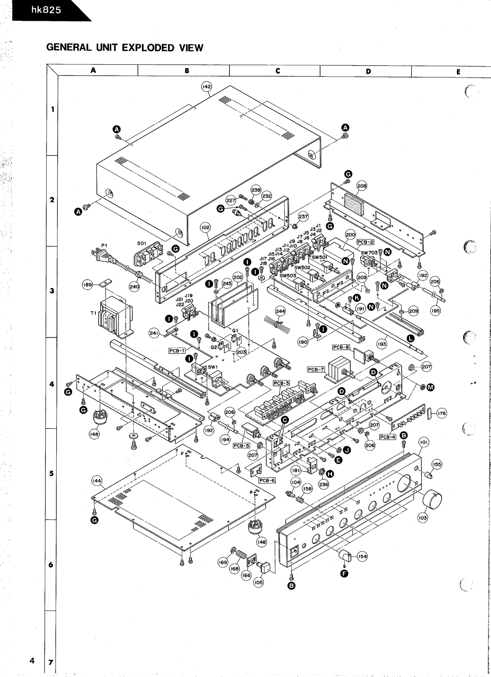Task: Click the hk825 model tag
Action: tap(46, 10)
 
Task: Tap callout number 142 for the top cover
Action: tap(207, 87)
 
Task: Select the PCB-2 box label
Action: tap(365, 242)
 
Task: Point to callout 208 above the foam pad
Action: tap(362, 186)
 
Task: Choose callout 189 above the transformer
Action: tap(88, 285)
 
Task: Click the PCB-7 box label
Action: tap(316, 369)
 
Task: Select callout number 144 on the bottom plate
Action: tap(97, 481)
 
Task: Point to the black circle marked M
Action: tap(431, 387)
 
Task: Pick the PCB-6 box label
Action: tap(267, 480)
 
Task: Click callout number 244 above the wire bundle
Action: tap(280, 311)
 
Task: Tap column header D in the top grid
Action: tap(368, 71)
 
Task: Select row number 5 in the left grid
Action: tap(51, 473)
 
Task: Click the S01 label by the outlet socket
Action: tap(142, 243)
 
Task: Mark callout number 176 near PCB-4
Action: tap(441, 413)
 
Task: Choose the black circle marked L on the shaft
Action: tap(411, 338)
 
